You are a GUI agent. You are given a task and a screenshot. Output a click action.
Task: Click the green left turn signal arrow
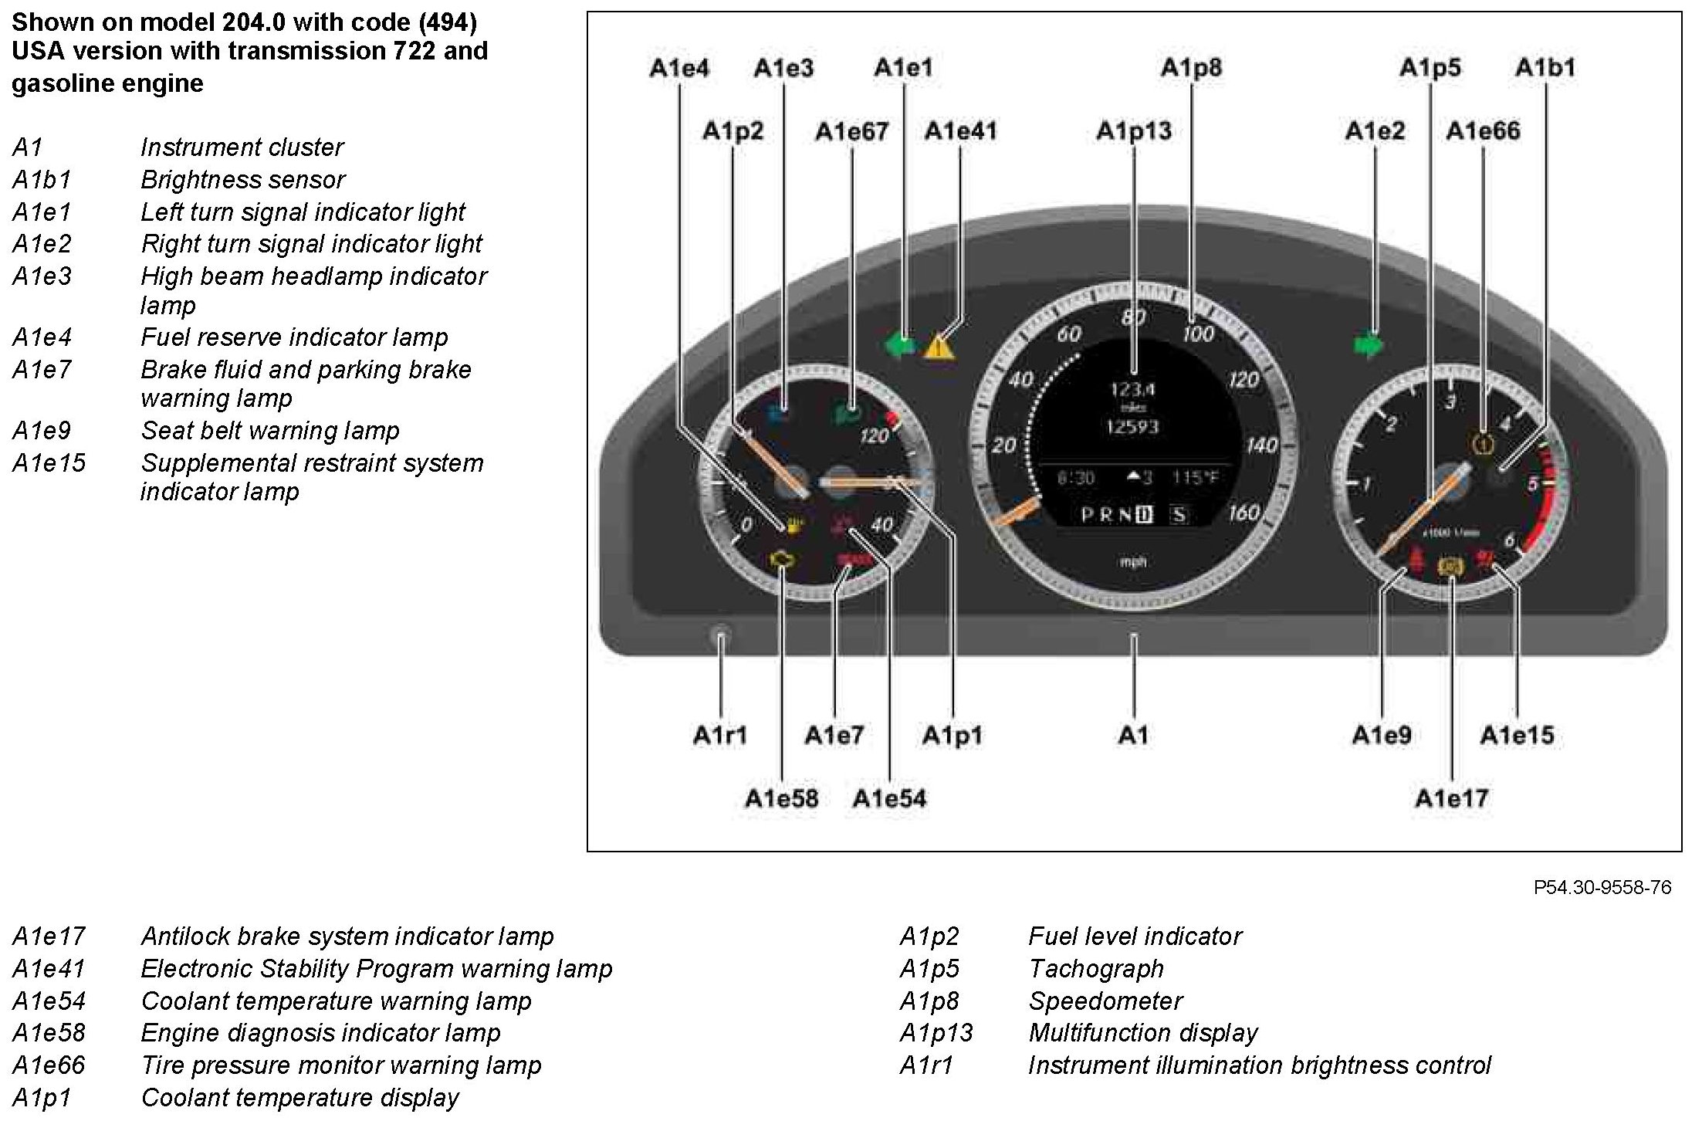click(x=900, y=344)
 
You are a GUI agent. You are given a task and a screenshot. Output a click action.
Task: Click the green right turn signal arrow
click(x=1369, y=345)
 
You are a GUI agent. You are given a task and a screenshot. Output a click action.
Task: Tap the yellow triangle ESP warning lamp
click(x=940, y=347)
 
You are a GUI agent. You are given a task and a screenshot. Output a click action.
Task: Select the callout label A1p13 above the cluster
click(x=1133, y=131)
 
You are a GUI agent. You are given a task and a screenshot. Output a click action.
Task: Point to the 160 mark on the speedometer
click(x=1243, y=513)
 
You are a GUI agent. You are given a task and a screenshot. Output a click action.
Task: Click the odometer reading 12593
click(x=1132, y=427)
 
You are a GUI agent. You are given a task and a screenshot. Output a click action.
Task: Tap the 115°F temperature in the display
click(x=1196, y=478)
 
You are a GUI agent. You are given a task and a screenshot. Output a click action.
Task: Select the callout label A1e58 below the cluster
click(x=781, y=798)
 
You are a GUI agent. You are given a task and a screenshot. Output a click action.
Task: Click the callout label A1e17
click(x=1451, y=798)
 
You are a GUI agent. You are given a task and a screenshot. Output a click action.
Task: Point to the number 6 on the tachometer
click(x=1509, y=540)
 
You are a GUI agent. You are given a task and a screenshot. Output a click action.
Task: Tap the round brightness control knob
click(x=721, y=638)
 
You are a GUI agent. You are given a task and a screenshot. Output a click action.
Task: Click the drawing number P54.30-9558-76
click(x=1602, y=888)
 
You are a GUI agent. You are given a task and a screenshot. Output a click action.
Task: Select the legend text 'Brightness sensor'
click(x=242, y=180)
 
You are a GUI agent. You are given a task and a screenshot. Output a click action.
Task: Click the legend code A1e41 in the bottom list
click(x=49, y=969)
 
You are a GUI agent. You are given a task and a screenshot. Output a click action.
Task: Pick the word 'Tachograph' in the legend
click(x=1096, y=969)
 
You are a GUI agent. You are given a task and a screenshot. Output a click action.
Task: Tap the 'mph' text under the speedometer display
click(x=1132, y=562)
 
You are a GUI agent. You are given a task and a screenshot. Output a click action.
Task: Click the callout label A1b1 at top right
click(x=1545, y=68)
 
